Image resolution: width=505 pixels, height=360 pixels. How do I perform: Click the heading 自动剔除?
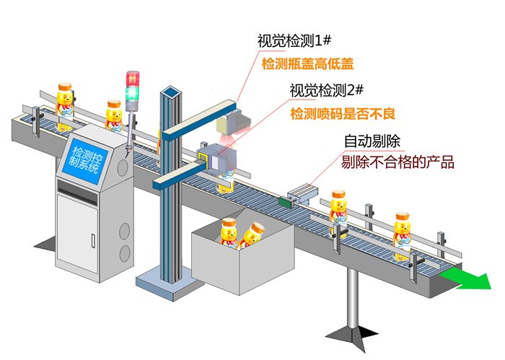pos(376,141)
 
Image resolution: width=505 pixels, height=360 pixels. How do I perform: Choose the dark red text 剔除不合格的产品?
pos(398,163)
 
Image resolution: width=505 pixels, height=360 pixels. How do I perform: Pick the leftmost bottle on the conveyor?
pos(66,103)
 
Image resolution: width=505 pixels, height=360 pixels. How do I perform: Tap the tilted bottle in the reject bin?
pos(252,235)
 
